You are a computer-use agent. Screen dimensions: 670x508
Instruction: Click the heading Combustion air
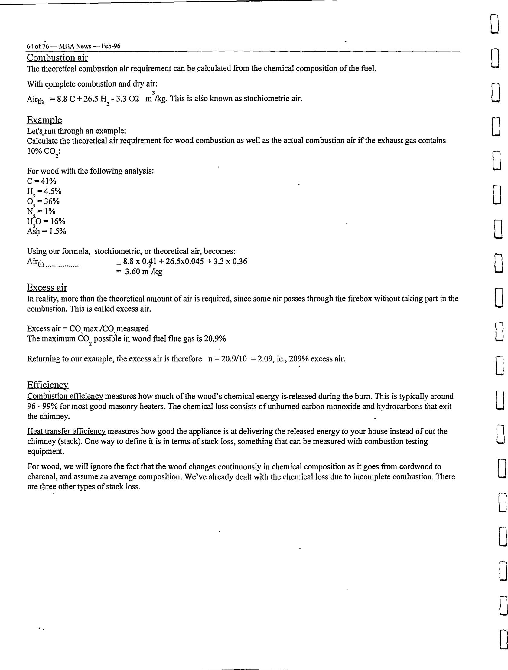(x=57, y=57)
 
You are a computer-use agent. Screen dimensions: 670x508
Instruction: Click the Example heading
(x=44, y=120)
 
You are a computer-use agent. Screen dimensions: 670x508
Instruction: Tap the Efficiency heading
(x=47, y=385)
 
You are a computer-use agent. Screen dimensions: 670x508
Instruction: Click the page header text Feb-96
(x=111, y=46)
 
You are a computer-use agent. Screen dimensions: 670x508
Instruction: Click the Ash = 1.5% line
(x=46, y=231)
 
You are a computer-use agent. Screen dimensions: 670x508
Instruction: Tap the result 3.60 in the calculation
(x=132, y=271)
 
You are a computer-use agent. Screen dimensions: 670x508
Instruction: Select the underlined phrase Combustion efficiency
(x=65, y=396)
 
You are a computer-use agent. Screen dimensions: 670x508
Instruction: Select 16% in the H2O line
(x=58, y=221)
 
